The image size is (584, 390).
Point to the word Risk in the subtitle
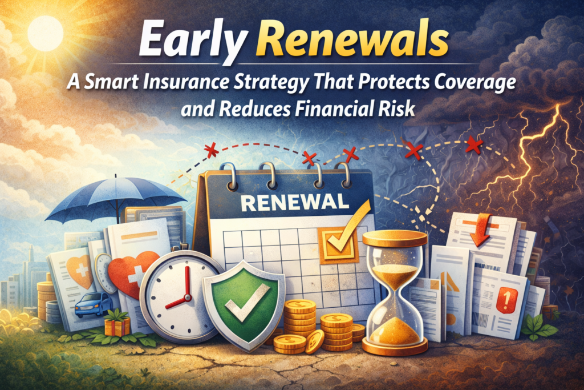tap(399, 109)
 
